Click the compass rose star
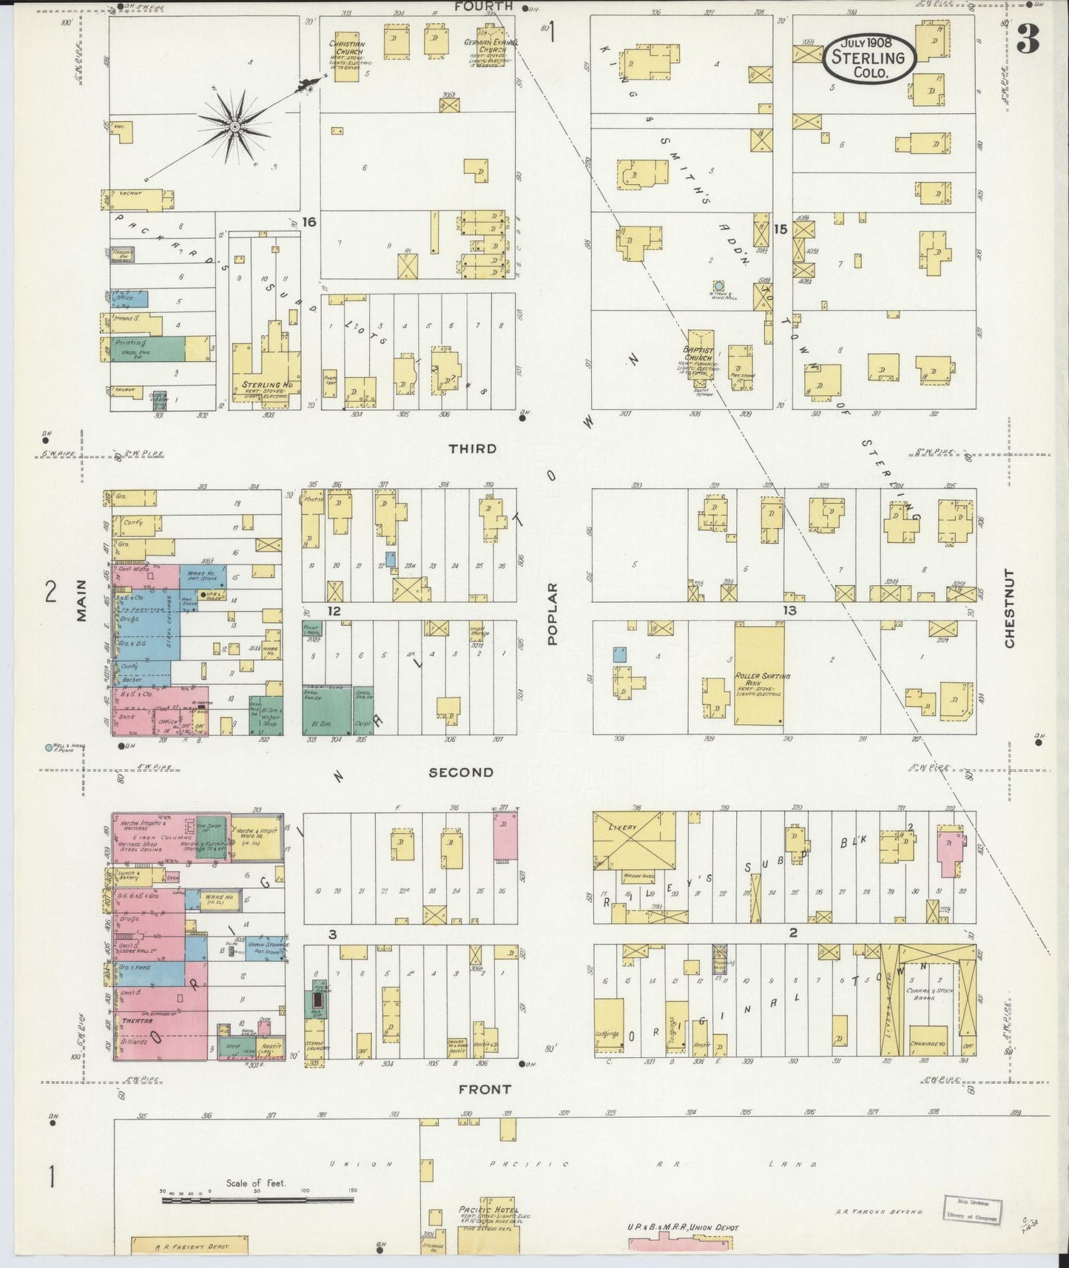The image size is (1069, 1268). click(x=235, y=127)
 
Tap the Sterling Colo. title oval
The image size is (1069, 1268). click(x=869, y=57)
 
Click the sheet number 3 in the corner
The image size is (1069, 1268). click(x=1028, y=39)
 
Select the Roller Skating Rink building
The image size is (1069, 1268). click(x=759, y=673)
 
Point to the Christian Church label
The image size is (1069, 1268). click(x=346, y=48)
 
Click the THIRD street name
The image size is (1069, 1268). click(x=472, y=449)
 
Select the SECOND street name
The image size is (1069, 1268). click(x=461, y=772)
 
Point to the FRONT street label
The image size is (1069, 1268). click(x=484, y=1089)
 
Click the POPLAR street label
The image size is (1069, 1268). click(x=552, y=614)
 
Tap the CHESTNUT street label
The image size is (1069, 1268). click(x=1009, y=608)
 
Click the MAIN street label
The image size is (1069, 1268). click(x=81, y=600)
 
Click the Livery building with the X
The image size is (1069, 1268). click(x=634, y=838)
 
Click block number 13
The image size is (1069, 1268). click(x=790, y=610)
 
